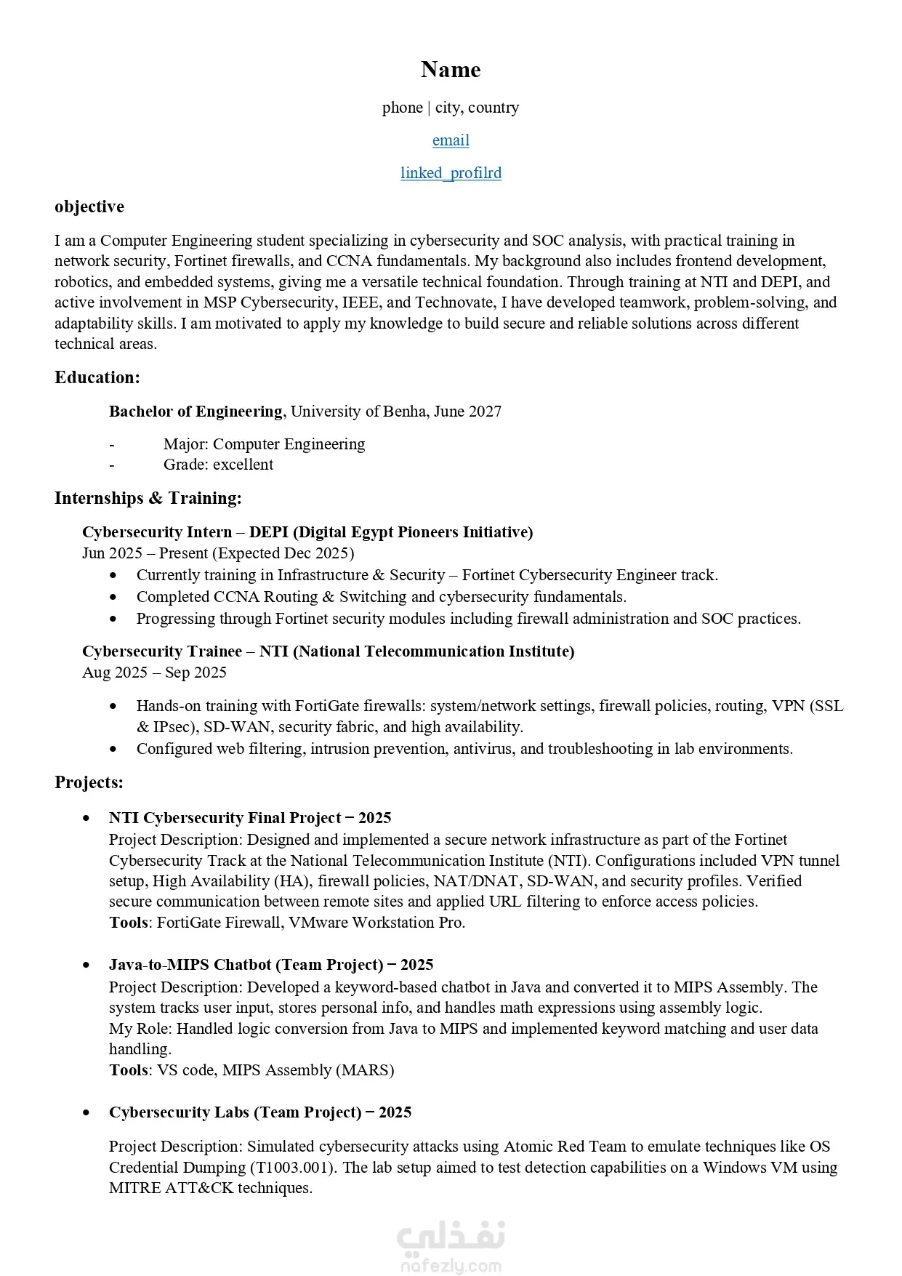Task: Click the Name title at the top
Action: (451, 70)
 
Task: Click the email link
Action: (451, 140)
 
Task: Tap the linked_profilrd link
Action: (451, 173)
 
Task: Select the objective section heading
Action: (89, 207)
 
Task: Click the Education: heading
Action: (97, 377)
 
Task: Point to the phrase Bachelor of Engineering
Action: (196, 412)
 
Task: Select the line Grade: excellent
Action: (218, 465)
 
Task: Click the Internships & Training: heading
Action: (148, 498)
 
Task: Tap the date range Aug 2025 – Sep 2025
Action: (154, 673)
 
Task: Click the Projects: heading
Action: (89, 782)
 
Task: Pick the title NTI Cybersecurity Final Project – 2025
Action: (250, 818)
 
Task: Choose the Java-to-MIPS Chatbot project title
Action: (271, 965)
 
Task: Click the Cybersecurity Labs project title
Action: (260, 1112)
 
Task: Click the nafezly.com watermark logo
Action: (451, 1247)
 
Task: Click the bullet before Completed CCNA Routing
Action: (113, 597)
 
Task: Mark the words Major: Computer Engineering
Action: (264, 444)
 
